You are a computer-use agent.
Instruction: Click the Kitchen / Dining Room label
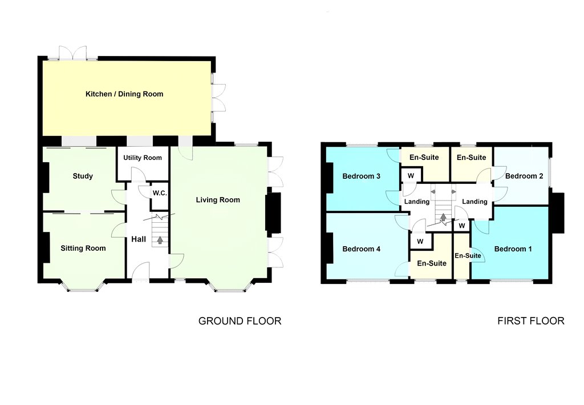pos(124,94)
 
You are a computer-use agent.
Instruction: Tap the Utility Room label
pos(143,158)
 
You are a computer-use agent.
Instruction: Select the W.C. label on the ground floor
pos(160,193)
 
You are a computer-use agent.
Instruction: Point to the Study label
pos(83,176)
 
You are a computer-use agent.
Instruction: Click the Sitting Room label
pos(83,248)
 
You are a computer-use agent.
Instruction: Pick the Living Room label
pos(218,200)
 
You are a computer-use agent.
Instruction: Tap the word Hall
pos(139,239)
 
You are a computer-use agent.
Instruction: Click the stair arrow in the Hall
pos(160,240)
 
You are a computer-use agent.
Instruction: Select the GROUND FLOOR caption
pos(240,321)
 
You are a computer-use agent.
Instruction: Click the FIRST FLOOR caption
pos(531,320)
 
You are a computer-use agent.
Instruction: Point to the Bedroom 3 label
pos(361,176)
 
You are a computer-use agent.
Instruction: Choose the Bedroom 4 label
pos(361,248)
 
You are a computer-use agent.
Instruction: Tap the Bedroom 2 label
pos(524,176)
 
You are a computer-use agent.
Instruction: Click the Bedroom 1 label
pos(513,248)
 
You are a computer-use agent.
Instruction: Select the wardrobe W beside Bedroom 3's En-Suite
pos(411,176)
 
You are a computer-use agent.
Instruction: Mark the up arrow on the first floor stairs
pos(443,217)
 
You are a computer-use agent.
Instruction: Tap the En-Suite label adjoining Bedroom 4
pos(432,263)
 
